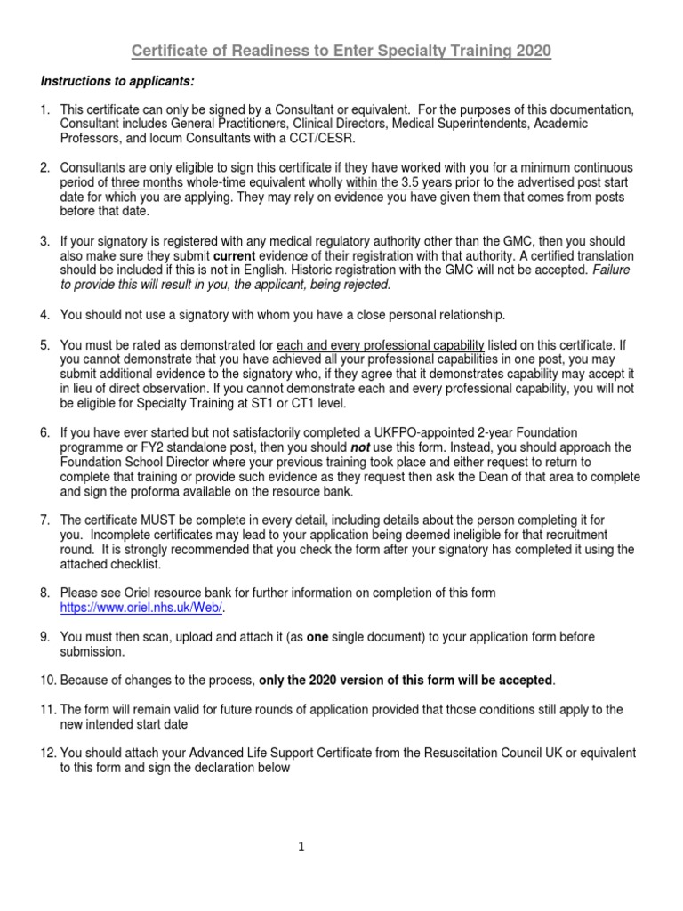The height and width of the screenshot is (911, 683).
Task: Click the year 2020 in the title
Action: coord(531,52)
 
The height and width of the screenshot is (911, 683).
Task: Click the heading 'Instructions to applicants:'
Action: coord(117,82)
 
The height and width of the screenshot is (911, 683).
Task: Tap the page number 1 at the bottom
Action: coord(301,846)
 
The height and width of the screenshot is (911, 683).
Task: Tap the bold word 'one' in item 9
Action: coord(317,637)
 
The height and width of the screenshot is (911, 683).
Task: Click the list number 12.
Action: coord(49,753)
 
